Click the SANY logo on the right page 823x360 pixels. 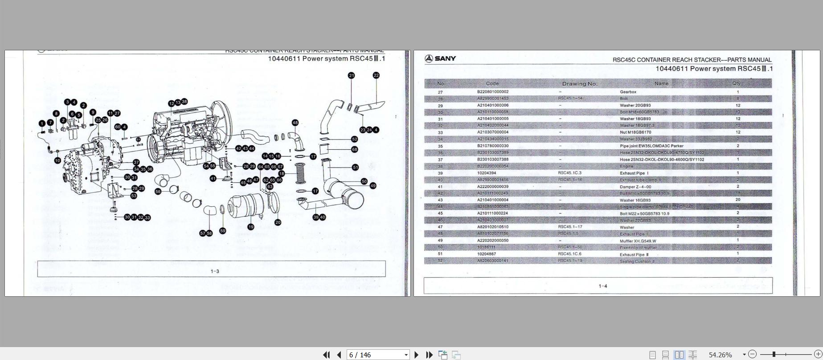440,58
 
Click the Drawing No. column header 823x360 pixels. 579,84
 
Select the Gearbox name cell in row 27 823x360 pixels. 628,92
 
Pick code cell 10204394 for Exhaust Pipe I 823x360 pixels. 486,173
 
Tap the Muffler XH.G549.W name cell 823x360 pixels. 638,241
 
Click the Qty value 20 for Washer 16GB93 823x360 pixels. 738,200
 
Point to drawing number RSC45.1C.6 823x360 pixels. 569,254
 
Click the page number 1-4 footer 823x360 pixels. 602,286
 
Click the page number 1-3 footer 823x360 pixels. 215,271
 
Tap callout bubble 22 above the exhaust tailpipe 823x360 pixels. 376,75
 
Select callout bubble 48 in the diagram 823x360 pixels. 295,123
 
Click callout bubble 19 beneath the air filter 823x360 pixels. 251,227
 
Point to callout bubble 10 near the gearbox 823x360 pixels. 57,160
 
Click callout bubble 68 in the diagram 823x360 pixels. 355,149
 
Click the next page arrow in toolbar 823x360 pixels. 417,355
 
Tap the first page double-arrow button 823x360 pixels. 326,355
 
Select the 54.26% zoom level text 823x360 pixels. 720,355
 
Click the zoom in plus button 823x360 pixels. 818,354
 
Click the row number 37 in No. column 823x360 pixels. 440,160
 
